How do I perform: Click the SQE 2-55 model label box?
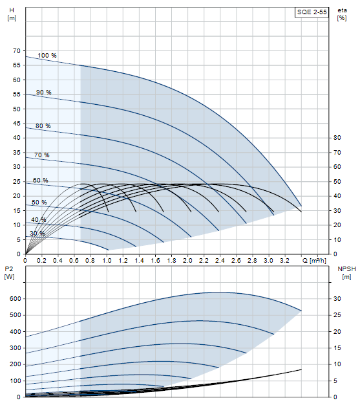point(312,12)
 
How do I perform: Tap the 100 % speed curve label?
point(47,55)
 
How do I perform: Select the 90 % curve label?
point(43,92)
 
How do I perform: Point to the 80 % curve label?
point(43,126)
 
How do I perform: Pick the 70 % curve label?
point(42,155)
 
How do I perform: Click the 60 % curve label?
point(41,180)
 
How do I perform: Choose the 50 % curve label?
point(39,202)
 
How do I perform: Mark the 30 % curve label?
point(37,234)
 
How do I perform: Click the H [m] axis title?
point(12,14)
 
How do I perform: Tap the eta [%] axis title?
point(342,14)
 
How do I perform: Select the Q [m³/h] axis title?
point(314,260)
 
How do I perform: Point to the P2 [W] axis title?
point(9,273)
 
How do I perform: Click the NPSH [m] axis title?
point(346,273)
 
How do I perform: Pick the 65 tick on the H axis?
point(16,65)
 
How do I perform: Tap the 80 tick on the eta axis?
point(337,138)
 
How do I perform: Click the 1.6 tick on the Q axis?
point(156,260)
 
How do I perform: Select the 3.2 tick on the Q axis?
point(285,260)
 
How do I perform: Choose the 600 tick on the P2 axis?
point(15,299)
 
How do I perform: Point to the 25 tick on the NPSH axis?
point(337,315)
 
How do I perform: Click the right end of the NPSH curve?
point(301,369)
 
